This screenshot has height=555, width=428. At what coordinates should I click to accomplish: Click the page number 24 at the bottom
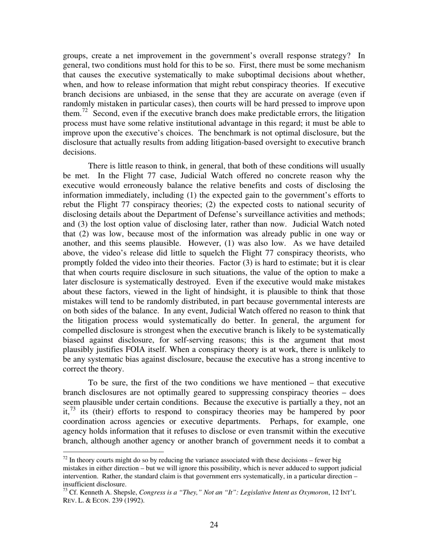pos(214,525)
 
